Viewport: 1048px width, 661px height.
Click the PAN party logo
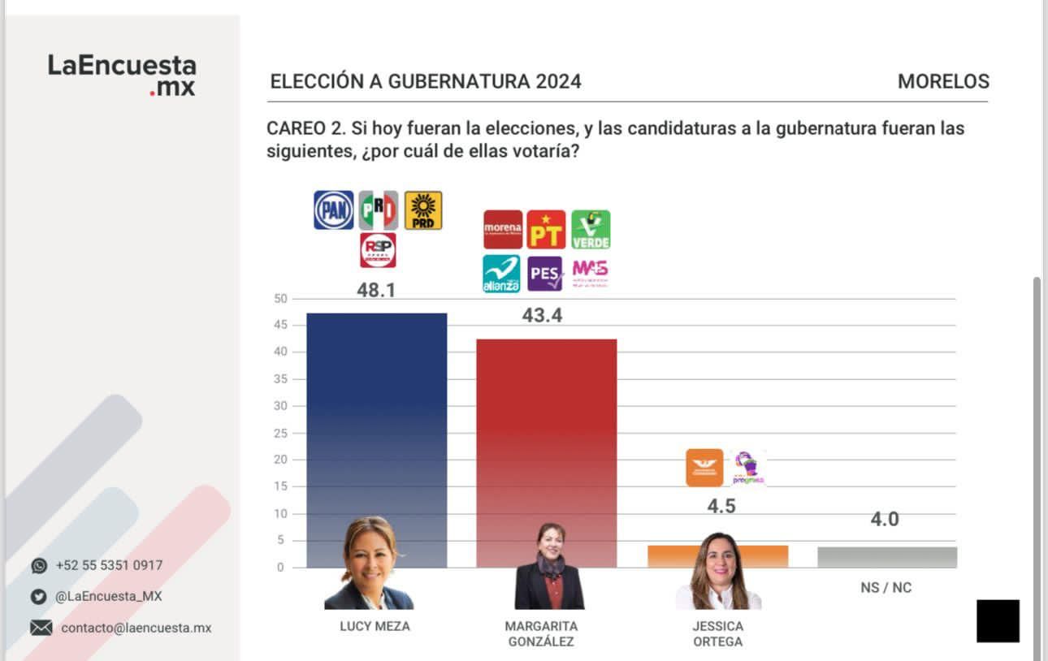[334, 210]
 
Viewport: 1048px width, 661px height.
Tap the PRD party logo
[423, 210]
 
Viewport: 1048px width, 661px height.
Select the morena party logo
[503, 230]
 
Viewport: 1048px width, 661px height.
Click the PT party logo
[546, 230]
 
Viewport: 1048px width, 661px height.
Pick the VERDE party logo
[591, 230]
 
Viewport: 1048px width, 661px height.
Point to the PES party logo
[545, 274]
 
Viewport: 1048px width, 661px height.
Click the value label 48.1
[376, 290]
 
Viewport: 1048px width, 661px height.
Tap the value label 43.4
[542, 315]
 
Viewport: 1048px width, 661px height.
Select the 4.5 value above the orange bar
[721, 506]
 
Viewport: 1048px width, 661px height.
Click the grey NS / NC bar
[887, 557]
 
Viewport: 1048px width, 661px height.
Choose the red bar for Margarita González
[546, 430]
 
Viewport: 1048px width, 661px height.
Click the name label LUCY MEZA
[375, 626]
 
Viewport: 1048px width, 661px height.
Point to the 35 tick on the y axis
[280, 379]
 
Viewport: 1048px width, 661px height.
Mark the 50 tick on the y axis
[280, 299]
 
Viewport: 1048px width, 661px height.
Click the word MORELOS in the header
[943, 81]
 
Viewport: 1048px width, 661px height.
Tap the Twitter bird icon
[39, 597]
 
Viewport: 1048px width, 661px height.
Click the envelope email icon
[41, 628]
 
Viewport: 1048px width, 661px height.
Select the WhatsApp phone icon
[39, 566]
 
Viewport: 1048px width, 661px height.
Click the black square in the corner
[998, 621]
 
